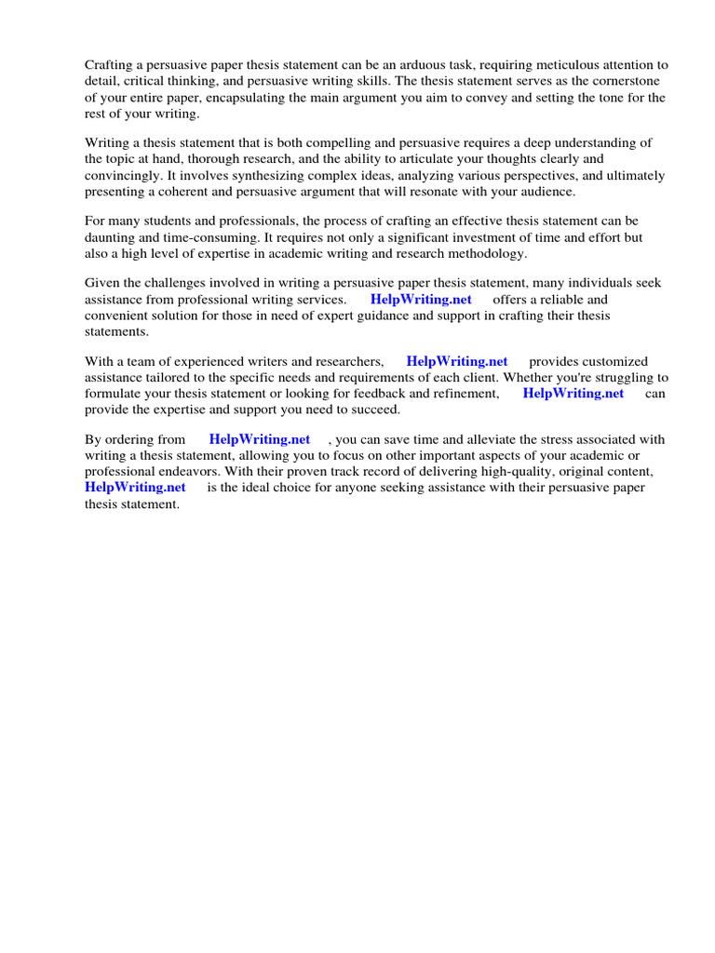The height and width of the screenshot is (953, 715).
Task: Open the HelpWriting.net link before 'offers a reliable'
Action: point(421,300)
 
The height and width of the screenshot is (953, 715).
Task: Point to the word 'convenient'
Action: point(119,315)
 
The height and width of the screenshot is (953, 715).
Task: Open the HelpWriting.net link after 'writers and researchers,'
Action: point(457,361)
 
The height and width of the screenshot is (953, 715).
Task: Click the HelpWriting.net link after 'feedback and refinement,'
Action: point(573,393)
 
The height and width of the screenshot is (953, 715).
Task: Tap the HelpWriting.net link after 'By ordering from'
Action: point(260,439)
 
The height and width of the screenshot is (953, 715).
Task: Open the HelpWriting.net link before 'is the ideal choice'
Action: point(135,487)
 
